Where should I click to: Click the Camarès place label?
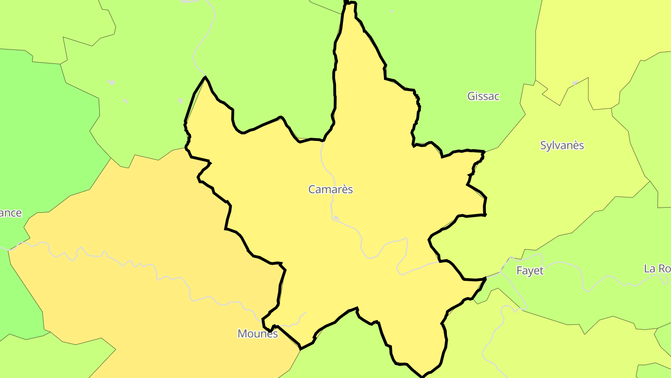330,189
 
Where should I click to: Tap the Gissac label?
483,96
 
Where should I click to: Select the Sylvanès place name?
561,145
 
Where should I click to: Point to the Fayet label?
530,271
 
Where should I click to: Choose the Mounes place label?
257,334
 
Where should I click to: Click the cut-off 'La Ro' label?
657,269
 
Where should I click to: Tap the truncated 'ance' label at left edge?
11,213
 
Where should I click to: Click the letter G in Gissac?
471,96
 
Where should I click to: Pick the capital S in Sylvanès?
543,145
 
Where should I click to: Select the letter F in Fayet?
520,271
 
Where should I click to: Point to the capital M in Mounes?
242,334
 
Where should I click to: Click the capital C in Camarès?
312,189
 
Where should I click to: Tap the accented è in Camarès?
344,189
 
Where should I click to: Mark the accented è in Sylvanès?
574,145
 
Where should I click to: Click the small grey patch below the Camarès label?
336,218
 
